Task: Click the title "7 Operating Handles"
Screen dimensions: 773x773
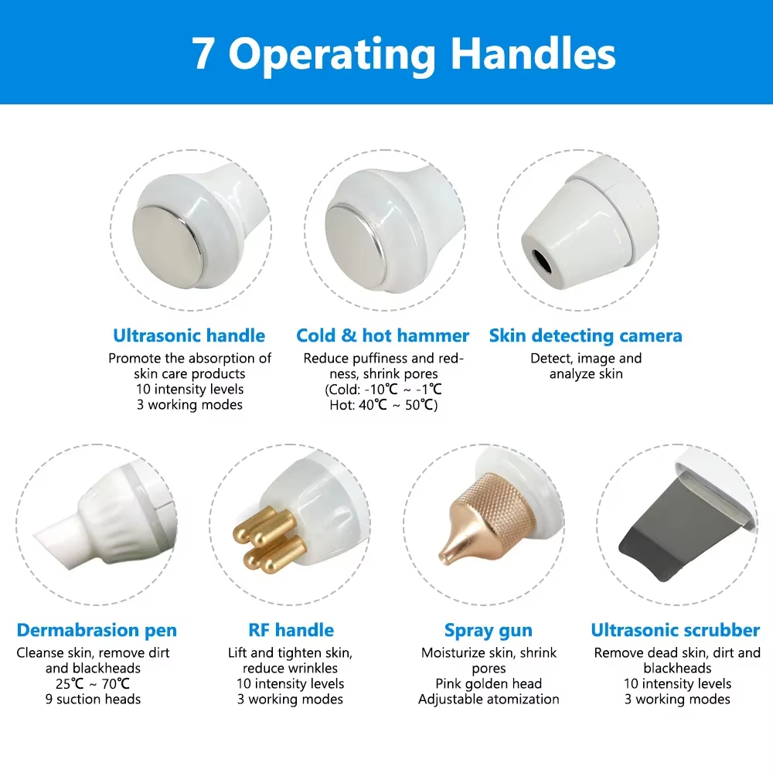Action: (x=404, y=54)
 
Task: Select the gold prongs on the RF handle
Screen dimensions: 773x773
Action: (x=269, y=540)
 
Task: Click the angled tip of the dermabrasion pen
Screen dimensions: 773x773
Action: (x=53, y=543)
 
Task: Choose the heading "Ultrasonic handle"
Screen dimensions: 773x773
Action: (x=189, y=335)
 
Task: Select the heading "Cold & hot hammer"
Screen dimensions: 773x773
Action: (x=383, y=335)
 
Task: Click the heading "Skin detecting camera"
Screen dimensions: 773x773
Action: (x=586, y=335)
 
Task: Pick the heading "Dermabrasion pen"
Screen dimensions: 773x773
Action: (x=97, y=630)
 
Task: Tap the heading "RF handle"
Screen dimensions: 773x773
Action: (x=291, y=630)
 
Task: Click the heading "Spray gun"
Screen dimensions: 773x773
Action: (x=488, y=631)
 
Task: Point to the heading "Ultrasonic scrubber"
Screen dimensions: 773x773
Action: (x=676, y=630)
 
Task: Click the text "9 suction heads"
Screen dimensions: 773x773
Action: (x=94, y=699)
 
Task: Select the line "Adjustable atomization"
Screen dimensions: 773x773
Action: (x=489, y=699)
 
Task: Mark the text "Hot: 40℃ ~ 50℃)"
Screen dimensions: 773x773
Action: (x=383, y=405)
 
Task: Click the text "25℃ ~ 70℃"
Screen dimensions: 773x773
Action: (x=93, y=684)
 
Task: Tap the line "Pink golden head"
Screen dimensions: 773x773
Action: (x=489, y=684)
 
